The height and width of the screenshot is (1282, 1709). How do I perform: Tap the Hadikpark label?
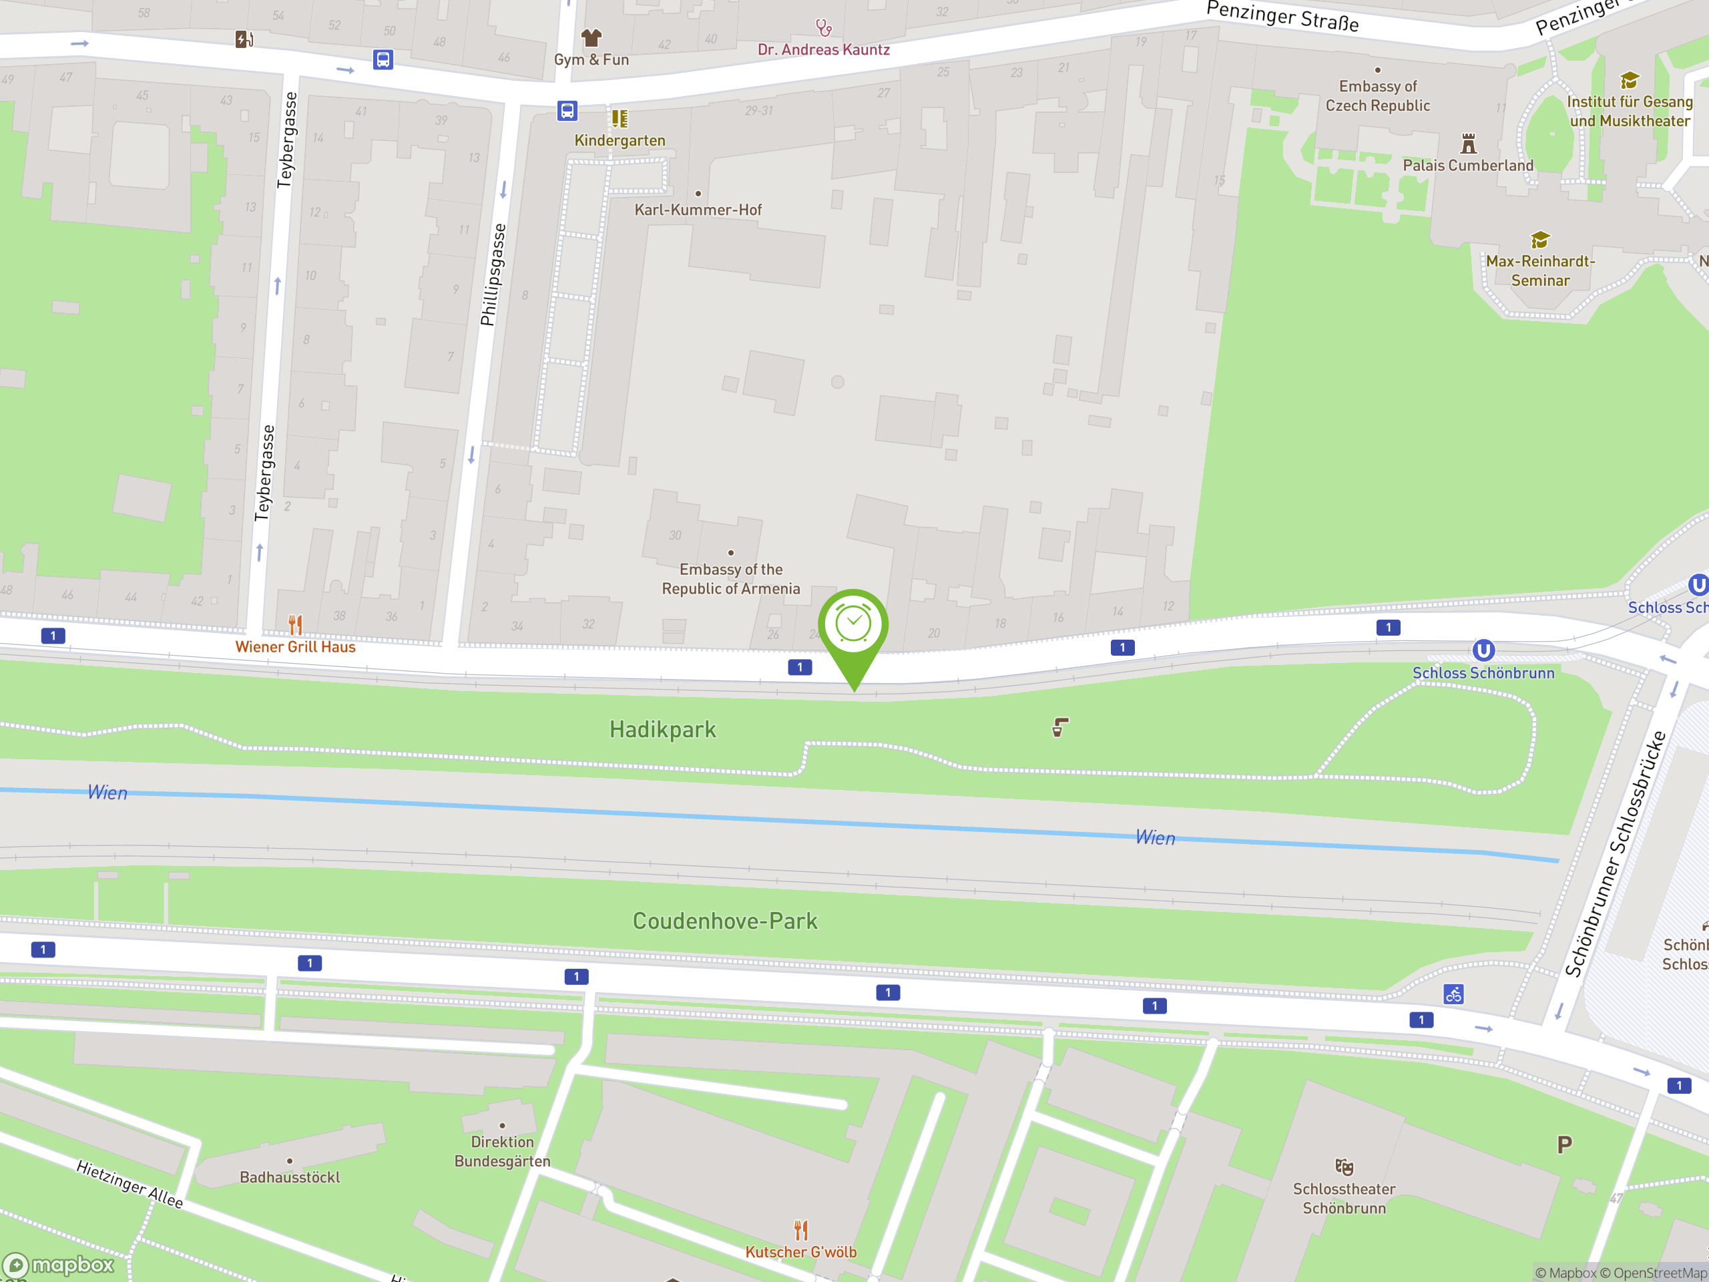click(x=662, y=730)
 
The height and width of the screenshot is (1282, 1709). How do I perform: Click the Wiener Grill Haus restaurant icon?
click(x=295, y=624)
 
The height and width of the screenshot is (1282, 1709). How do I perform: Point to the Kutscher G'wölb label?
click(x=800, y=1252)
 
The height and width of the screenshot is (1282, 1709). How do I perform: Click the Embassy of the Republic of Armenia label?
click(x=730, y=579)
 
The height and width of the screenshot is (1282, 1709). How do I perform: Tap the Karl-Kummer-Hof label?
click(x=698, y=210)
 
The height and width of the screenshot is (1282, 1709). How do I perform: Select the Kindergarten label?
click(x=620, y=141)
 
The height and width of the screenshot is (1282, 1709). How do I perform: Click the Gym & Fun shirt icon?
click(x=591, y=37)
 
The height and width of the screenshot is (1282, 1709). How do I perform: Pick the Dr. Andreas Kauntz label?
click(x=824, y=50)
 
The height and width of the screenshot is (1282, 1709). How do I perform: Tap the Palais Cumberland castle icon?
click(x=1468, y=144)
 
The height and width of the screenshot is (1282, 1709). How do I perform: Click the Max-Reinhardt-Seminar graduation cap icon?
click(x=1540, y=240)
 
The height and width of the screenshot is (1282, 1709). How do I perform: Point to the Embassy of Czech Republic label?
click(x=1378, y=96)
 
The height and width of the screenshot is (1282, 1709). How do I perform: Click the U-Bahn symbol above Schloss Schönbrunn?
click(x=1483, y=650)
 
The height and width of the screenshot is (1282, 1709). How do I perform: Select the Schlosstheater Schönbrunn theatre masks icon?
click(x=1345, y=1167)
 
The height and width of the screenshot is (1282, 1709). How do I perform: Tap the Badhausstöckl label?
click(x=290, y=1177)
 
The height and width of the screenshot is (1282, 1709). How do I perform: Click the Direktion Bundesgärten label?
click(x=502, y=1151)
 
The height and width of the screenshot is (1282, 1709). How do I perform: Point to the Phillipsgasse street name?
click(x=493, y=275)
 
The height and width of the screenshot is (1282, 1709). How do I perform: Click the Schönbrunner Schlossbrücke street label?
click(x=1615, y=854)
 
